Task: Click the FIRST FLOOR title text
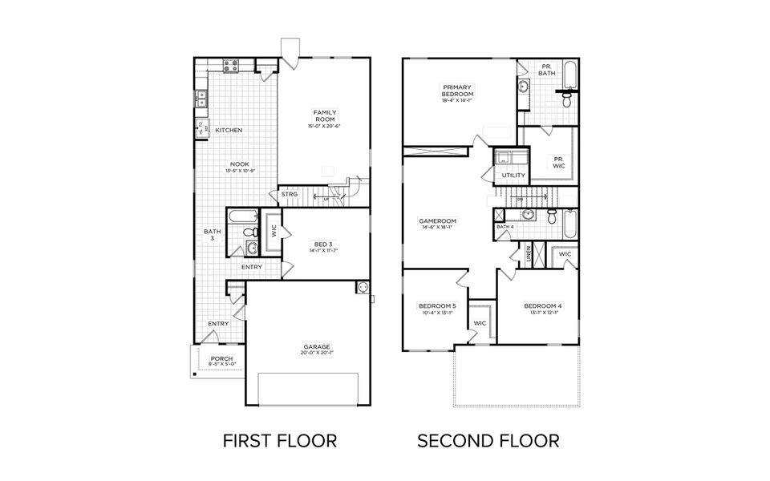click(279, 440)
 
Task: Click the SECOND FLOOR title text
click(488, 440)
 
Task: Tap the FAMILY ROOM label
click(324, 115)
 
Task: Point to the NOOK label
click(217, 164)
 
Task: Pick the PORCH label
click(221, 358)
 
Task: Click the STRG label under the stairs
click(290, 194)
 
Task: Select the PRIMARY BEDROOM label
click(457, 90)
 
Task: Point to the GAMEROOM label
click(437, 220)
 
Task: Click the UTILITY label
click(513, 175)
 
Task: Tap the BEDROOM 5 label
click(436, 305)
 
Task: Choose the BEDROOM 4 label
click(543, 305)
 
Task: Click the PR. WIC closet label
click(559, 162)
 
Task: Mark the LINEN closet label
click(529, 253)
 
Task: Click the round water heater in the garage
click(362, 287)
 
